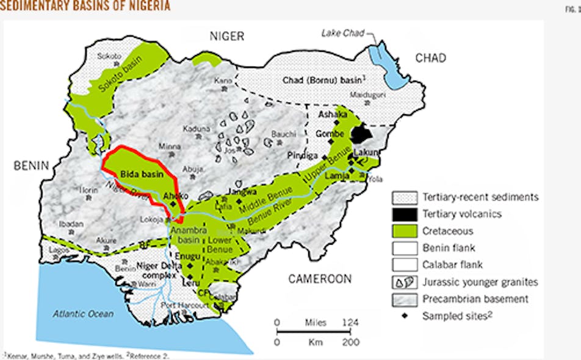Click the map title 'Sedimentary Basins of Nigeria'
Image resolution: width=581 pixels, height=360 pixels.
point(85,6)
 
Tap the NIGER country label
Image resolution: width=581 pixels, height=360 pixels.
point(226,36)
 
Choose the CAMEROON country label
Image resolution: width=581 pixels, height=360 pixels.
point(320,279)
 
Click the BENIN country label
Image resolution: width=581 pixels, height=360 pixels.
point(32,165)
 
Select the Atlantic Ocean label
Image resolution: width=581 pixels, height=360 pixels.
point(82,314)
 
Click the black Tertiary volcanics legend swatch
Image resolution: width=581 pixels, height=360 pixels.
point(404,214)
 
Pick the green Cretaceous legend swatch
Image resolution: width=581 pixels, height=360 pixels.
point(404,231)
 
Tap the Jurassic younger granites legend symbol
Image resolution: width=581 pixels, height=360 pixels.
point(404,282)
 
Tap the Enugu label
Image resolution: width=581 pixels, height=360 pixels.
point(187,257)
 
